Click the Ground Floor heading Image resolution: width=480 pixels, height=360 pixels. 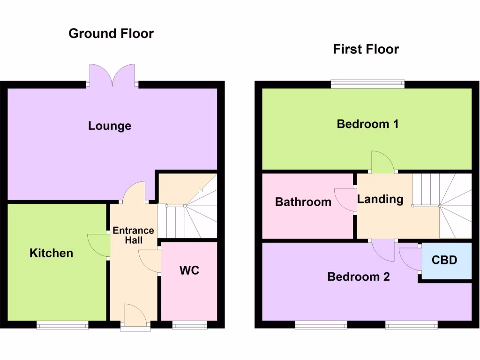111,34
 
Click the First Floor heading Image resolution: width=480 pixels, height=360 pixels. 366,49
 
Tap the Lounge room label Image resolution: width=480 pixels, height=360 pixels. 110,126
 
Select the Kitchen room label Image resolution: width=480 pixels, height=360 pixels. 52,253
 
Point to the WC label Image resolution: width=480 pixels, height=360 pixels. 189,270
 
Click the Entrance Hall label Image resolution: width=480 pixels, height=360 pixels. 133,235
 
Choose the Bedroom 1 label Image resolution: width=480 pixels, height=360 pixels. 367,124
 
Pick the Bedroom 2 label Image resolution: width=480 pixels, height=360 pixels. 359,277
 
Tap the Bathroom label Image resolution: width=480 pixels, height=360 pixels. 303,202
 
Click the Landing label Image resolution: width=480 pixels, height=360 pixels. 380,199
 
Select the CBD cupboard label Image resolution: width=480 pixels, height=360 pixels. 444,260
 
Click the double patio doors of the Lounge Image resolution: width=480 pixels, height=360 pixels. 112,75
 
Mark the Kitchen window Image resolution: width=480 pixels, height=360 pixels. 62,324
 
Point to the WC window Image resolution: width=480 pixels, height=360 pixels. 189,324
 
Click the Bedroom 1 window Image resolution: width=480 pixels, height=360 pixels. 367,84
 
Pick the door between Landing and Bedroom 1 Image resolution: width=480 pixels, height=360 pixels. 382,162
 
